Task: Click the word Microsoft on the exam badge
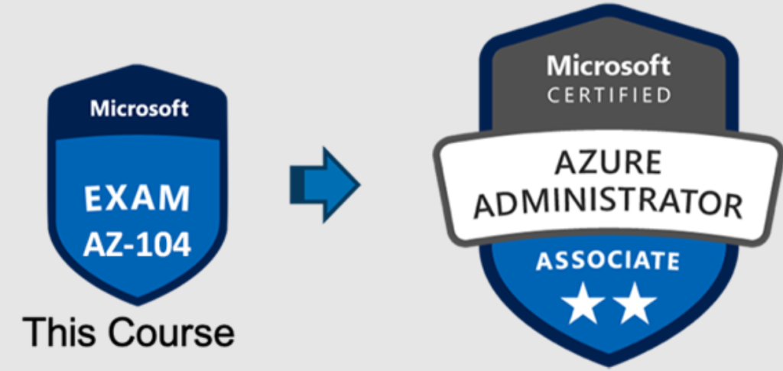[x=138, y=108]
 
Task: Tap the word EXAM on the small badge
[x=138, y=198]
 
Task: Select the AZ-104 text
[x=138, y=245]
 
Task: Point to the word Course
[x=170, y=332]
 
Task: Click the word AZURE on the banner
[x=609, y=164]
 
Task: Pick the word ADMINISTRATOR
[x=609, y=203]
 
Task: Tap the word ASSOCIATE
[x=607, y=262]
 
